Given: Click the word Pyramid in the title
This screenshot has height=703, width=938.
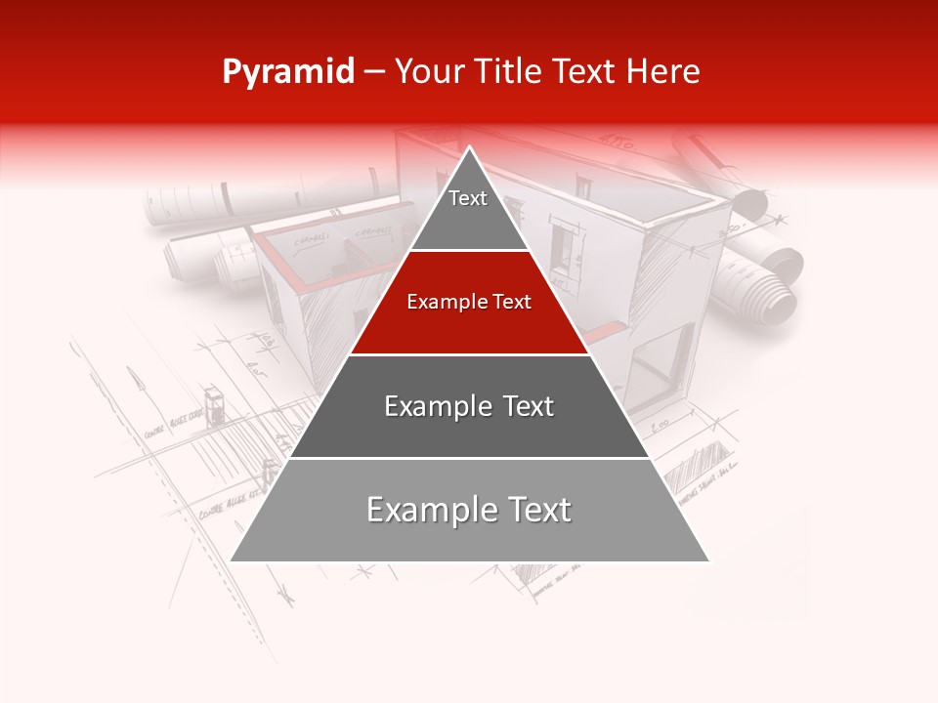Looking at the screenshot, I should (287, 72).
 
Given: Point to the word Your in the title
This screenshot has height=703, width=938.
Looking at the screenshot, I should (428, 72).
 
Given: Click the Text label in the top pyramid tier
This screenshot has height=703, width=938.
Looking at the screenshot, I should (468, 198).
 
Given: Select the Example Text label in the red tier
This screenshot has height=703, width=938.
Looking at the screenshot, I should (469, 302).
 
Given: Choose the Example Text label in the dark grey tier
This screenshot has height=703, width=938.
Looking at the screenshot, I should (469, 406).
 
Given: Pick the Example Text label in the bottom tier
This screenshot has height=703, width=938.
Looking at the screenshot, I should (469, 510).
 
